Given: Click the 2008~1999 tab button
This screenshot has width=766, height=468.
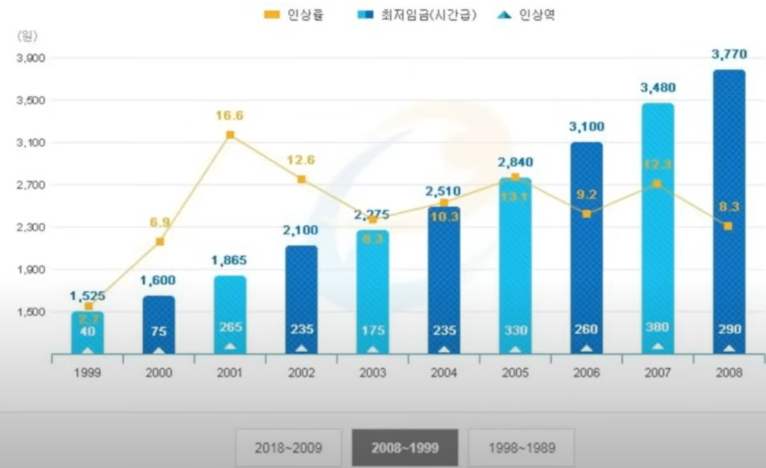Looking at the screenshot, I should [x=405, y=448].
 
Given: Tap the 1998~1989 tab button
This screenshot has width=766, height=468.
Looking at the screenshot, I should [x=521, y=448].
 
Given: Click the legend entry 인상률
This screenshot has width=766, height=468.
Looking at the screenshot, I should [x=294, y=15].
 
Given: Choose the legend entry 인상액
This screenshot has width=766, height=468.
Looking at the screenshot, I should [x=526, y=15].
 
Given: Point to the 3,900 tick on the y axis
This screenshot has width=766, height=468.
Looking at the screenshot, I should [x=31, y=59].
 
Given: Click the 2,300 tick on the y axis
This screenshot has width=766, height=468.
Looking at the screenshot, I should [x=31, y=227].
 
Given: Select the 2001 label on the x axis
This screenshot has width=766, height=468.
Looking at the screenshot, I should [x=230, y=373].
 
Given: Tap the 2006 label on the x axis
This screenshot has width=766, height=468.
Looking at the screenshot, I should [x=586, y=373].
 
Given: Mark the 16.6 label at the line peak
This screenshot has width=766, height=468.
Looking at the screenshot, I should [x=230, y=115].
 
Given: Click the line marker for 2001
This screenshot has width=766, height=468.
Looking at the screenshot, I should [x=230, y=135].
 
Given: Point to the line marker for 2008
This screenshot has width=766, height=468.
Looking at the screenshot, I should [x=728, y=226].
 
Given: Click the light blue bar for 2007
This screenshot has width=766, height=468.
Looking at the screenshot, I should [x=658, y=232].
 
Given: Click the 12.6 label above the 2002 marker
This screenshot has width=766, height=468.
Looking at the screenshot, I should [x=302, y=160].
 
